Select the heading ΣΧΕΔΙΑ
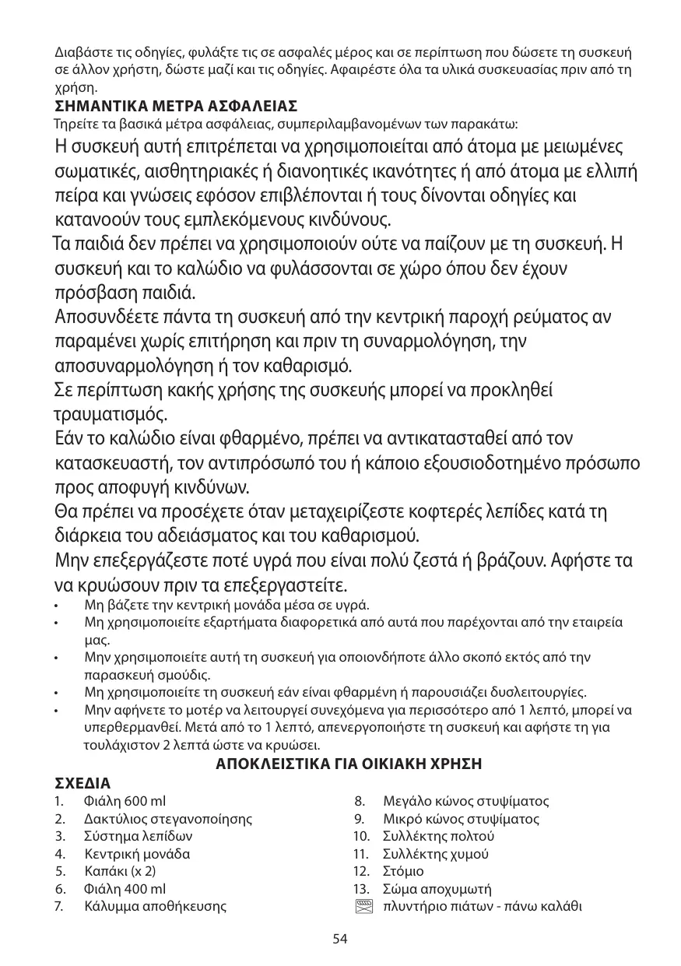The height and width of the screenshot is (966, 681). click(x=82, y=782)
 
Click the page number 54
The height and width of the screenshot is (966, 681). click(x=340, y=938)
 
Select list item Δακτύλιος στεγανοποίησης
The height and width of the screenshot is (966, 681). click(x=167, y=819)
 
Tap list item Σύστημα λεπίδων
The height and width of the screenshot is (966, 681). click(x=139, y=836)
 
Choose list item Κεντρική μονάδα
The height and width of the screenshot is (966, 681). click(x=136, y=854)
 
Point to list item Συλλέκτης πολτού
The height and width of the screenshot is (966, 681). click(x=438, y=836)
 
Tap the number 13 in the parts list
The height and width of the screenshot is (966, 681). click(x=360, y=889)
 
